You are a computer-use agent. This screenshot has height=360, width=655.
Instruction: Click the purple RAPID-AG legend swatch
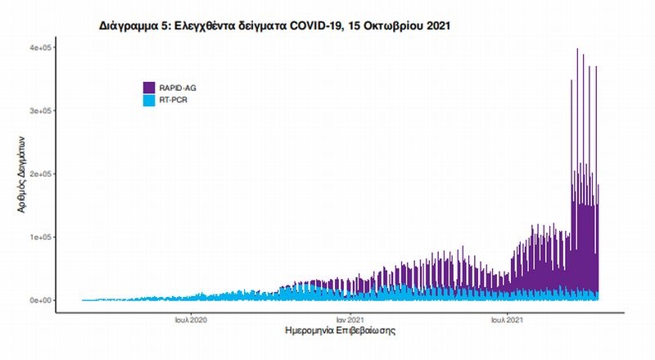(x=148, y=87)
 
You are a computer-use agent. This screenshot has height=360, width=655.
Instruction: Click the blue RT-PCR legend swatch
(x=148, y=100)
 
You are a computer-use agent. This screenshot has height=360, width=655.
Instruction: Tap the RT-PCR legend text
(x=174, y=100)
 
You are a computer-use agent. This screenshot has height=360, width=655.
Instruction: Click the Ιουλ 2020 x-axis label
(x=189, y=320)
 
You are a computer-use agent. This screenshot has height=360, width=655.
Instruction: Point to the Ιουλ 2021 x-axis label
(x=508, y=320)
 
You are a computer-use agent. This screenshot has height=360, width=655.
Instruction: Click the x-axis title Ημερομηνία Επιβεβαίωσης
(x=341, y=333)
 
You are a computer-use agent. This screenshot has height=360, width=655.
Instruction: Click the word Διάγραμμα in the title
(x=129, y=26)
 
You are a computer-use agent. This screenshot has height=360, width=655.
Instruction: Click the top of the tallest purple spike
(x=578, y=49)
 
